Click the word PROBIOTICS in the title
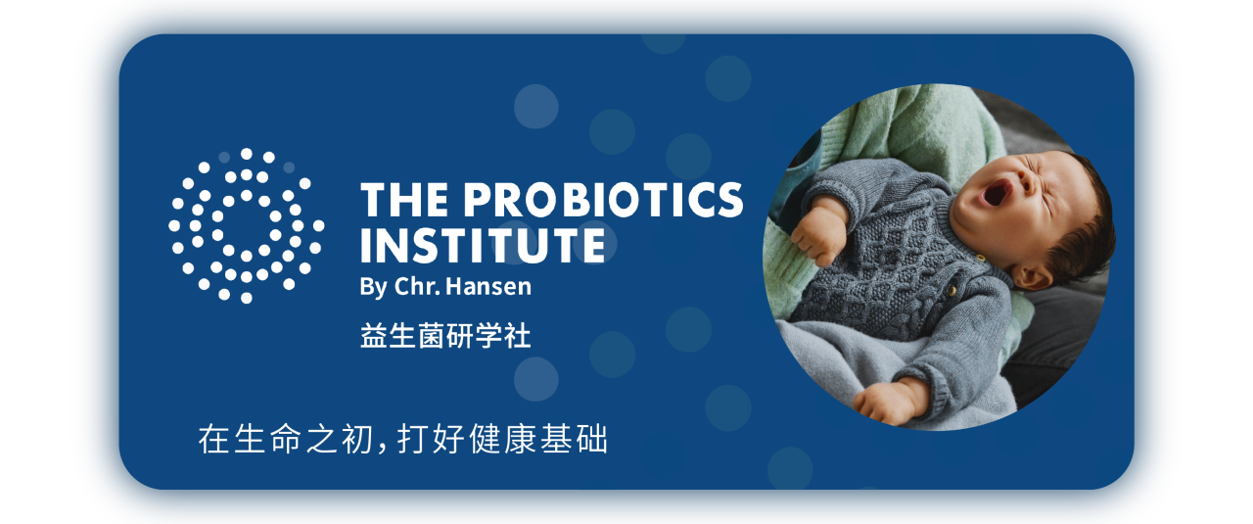coord(604,200)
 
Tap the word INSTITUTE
coord(483,245)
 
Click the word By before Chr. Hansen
coord(374,287)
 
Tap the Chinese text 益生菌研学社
coord(445,336)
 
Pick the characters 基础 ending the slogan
coord(574,439)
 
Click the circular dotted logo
coord(246,225)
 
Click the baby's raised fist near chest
coord(817,235)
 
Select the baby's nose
coord(1028,180)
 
